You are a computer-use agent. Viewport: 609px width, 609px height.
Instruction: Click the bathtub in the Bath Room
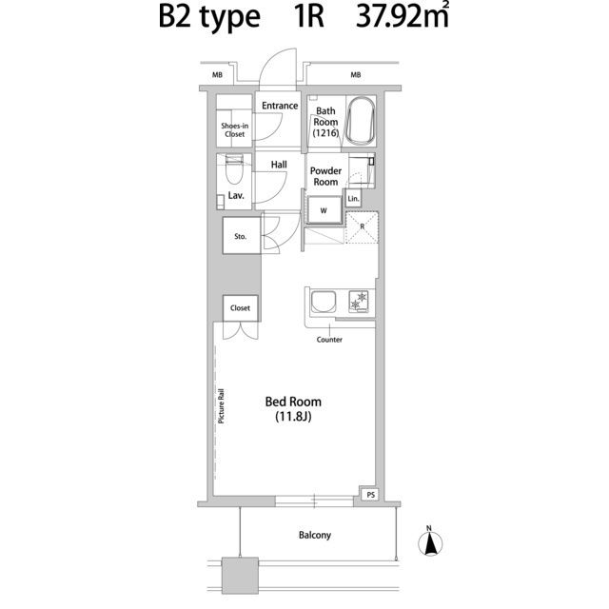361,121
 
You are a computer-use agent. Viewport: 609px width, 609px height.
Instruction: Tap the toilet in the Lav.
234,169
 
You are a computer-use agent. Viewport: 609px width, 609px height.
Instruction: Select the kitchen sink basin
323,303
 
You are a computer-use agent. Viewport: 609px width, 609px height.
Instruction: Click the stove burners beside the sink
359,301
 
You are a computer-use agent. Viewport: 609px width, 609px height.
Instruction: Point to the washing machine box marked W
324,210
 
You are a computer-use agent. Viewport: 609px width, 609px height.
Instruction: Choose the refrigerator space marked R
362,227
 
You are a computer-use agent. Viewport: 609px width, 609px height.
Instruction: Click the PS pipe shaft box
370,495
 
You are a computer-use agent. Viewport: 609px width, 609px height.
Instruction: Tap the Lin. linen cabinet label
353,199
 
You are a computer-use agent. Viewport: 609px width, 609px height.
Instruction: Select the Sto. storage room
241,236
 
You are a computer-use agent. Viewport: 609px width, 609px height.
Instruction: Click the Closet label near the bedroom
240,308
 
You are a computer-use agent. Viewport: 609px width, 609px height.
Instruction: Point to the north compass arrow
430,542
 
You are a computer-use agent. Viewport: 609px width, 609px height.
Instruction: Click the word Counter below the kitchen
329,340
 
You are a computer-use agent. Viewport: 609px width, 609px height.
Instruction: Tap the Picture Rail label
221,406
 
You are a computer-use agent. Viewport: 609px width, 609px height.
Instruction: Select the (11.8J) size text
294,417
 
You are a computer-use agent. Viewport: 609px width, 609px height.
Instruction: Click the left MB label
217,74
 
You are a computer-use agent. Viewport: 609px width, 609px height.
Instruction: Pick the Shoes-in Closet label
235,129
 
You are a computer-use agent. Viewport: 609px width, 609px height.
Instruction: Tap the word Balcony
315,535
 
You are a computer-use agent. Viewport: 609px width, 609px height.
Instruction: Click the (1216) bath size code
325,133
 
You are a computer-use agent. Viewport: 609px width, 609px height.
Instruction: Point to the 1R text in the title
308,17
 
